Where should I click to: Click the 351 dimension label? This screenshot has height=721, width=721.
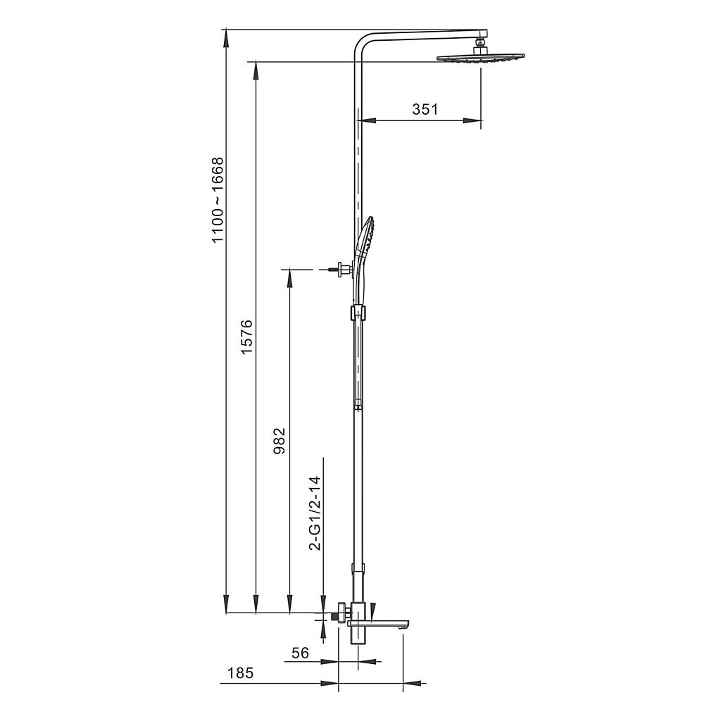(425, 109)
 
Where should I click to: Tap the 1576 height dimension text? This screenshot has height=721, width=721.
(247, 337)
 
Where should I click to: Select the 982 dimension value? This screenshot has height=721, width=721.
(279, 441)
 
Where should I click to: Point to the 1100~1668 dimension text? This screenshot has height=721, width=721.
(217, 200)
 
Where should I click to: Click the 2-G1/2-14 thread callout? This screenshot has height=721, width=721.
(315, 513)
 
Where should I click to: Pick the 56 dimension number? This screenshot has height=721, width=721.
(300, 653)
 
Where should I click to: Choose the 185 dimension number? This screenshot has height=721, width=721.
(241, 673)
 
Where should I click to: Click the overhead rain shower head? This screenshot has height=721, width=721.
(480, 58)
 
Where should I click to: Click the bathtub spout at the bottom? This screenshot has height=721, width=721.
(378, 624)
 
